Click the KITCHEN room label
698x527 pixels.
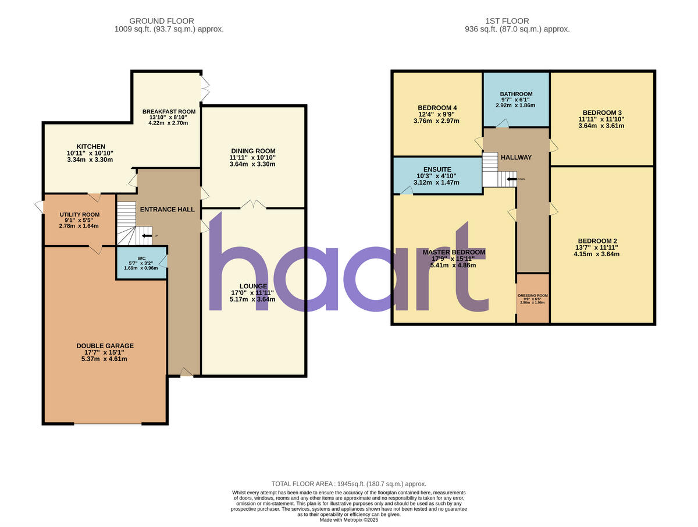[91, 146]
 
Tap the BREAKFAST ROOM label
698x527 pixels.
[169, 111]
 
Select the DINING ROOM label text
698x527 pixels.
[253, 151]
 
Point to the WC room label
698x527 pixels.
[141, 258]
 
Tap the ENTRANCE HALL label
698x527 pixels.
[167, 209]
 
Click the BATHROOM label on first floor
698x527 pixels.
[516, 94]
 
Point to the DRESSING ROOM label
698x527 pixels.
[533, 295]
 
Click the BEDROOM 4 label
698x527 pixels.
[437, 108]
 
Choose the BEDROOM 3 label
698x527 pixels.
[602, 112]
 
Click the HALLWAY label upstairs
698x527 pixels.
[516, 157]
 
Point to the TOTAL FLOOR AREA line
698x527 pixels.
[349, 484]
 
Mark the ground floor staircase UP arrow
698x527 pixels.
[146, 236]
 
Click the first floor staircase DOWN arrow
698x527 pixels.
[511, 179]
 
